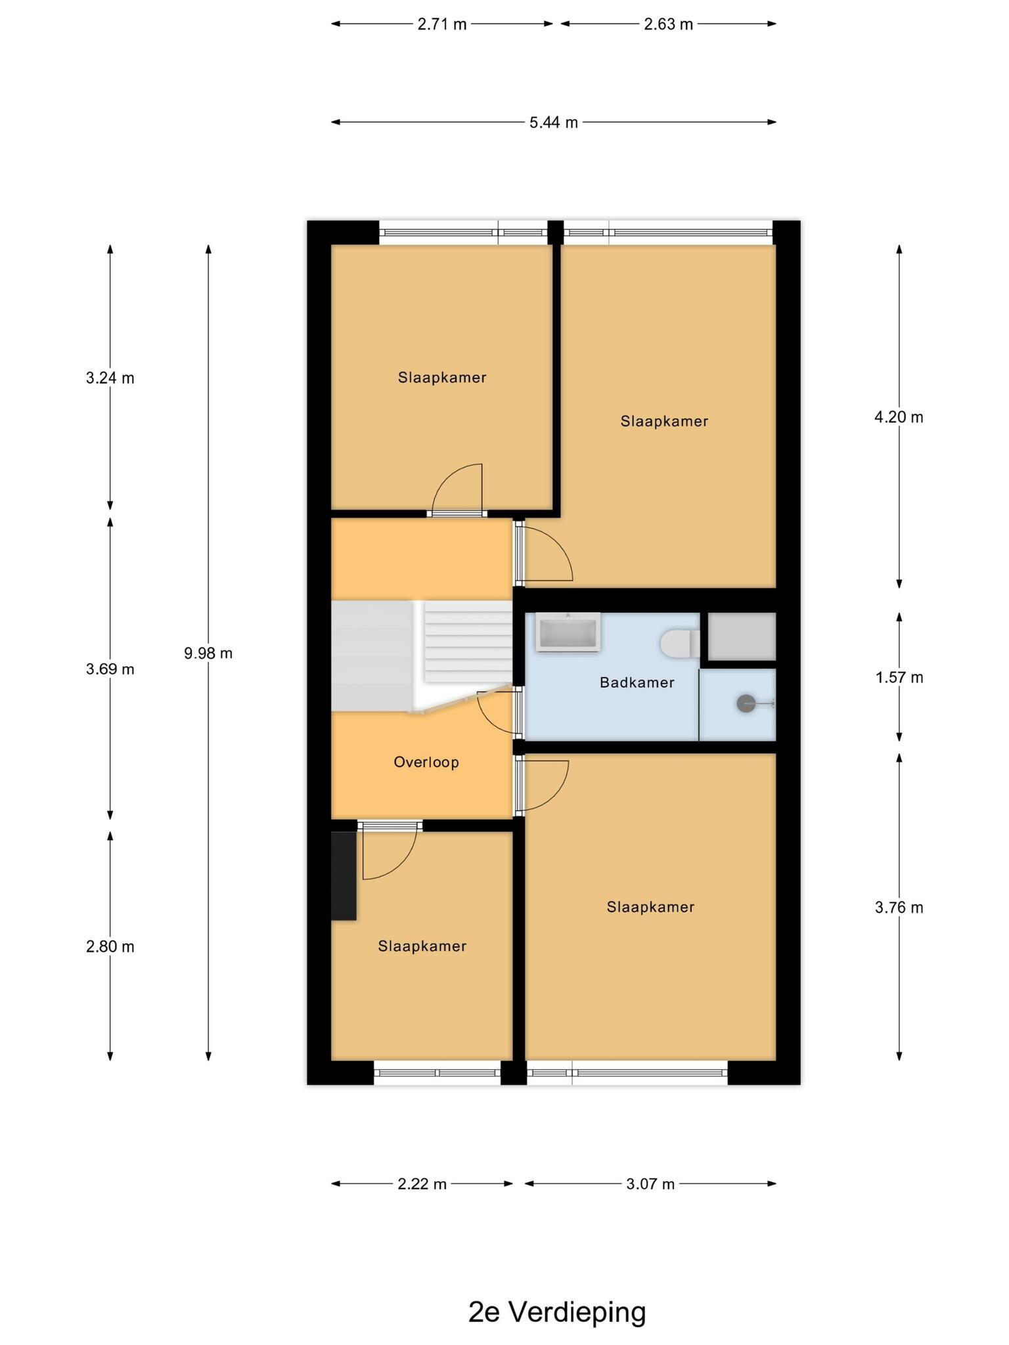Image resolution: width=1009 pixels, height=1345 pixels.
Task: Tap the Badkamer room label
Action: (x=637, y=682)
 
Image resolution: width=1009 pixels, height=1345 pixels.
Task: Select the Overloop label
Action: (x=426, y=762)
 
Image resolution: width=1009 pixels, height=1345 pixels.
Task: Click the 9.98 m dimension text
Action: (x=208, y=653)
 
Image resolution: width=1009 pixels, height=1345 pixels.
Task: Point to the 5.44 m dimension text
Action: (x=554, y=122)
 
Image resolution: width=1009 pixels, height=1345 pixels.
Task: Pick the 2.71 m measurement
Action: (x=442, y=24)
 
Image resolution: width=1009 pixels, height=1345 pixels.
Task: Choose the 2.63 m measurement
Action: (x=668, y=24)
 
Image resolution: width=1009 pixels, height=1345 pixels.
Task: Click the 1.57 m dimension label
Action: (x=899, y=677)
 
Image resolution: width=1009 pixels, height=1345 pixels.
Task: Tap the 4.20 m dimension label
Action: (x=899, y=417)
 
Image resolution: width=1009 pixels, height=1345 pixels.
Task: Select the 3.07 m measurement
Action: (x=650, y=1184)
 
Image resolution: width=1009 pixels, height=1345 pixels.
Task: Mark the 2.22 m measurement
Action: (x=422, y=1184)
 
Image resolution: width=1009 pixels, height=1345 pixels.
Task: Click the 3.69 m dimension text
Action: (x=110, y=669)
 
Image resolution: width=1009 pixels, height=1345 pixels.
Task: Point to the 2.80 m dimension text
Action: (x=110, y=946)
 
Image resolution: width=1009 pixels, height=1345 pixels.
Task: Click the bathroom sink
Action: (x=568, y=632)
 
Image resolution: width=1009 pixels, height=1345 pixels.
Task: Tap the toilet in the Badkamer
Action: (x=680, y=643)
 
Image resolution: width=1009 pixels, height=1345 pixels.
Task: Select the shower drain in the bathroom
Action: (x=746, y=704)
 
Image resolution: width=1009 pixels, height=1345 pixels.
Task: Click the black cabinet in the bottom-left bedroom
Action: (x=344, y=876)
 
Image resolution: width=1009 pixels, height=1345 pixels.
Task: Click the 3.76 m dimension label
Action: (x=899, y=908)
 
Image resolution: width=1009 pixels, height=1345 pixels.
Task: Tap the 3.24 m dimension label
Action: (x=110, y=378)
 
